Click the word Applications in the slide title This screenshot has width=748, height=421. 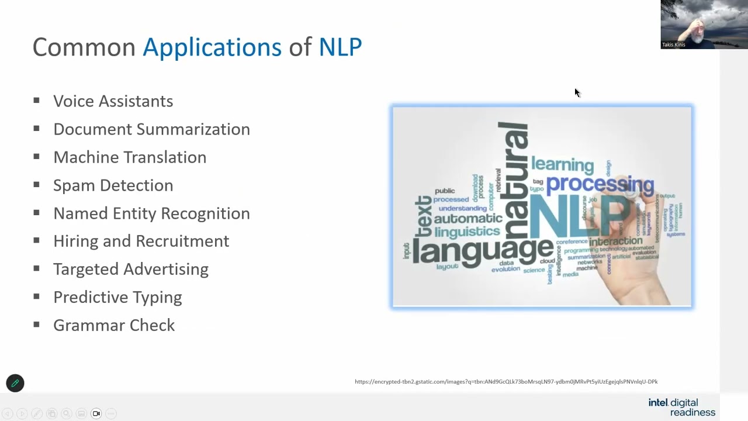click(x=212, y=47)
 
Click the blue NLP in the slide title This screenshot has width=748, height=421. click(x=340, y=47)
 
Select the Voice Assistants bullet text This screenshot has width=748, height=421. click(x=113, y=101)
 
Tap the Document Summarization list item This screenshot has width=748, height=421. click(x=151, y=129)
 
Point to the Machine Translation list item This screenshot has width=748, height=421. click(x=130, y=157)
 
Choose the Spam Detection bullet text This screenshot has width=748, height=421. click(x=113, y=185)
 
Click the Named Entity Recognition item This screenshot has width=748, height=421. click(x=151, y=213)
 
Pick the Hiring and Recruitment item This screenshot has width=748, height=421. click(x=141, y=241)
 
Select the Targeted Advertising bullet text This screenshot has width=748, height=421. click(x=131, y=269)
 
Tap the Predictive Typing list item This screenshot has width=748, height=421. click(x=117, y=297)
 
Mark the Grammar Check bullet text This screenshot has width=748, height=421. click(x=114, y=325)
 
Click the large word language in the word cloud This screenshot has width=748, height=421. click(x=483, y=250)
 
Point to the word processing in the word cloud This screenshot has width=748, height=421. click(x=600, y=184)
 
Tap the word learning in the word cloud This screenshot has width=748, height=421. click(x=562, y=164)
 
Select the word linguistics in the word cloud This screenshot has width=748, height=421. click(x=468, y=232)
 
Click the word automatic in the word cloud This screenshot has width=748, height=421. click(x=468, y=219)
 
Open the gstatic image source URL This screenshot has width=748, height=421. click(x=506, y=382)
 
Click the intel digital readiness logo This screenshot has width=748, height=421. click(x=681, y=407)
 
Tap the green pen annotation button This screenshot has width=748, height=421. click(x=15, y=384)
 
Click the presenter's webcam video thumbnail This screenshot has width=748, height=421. click(x=704, y=24)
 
